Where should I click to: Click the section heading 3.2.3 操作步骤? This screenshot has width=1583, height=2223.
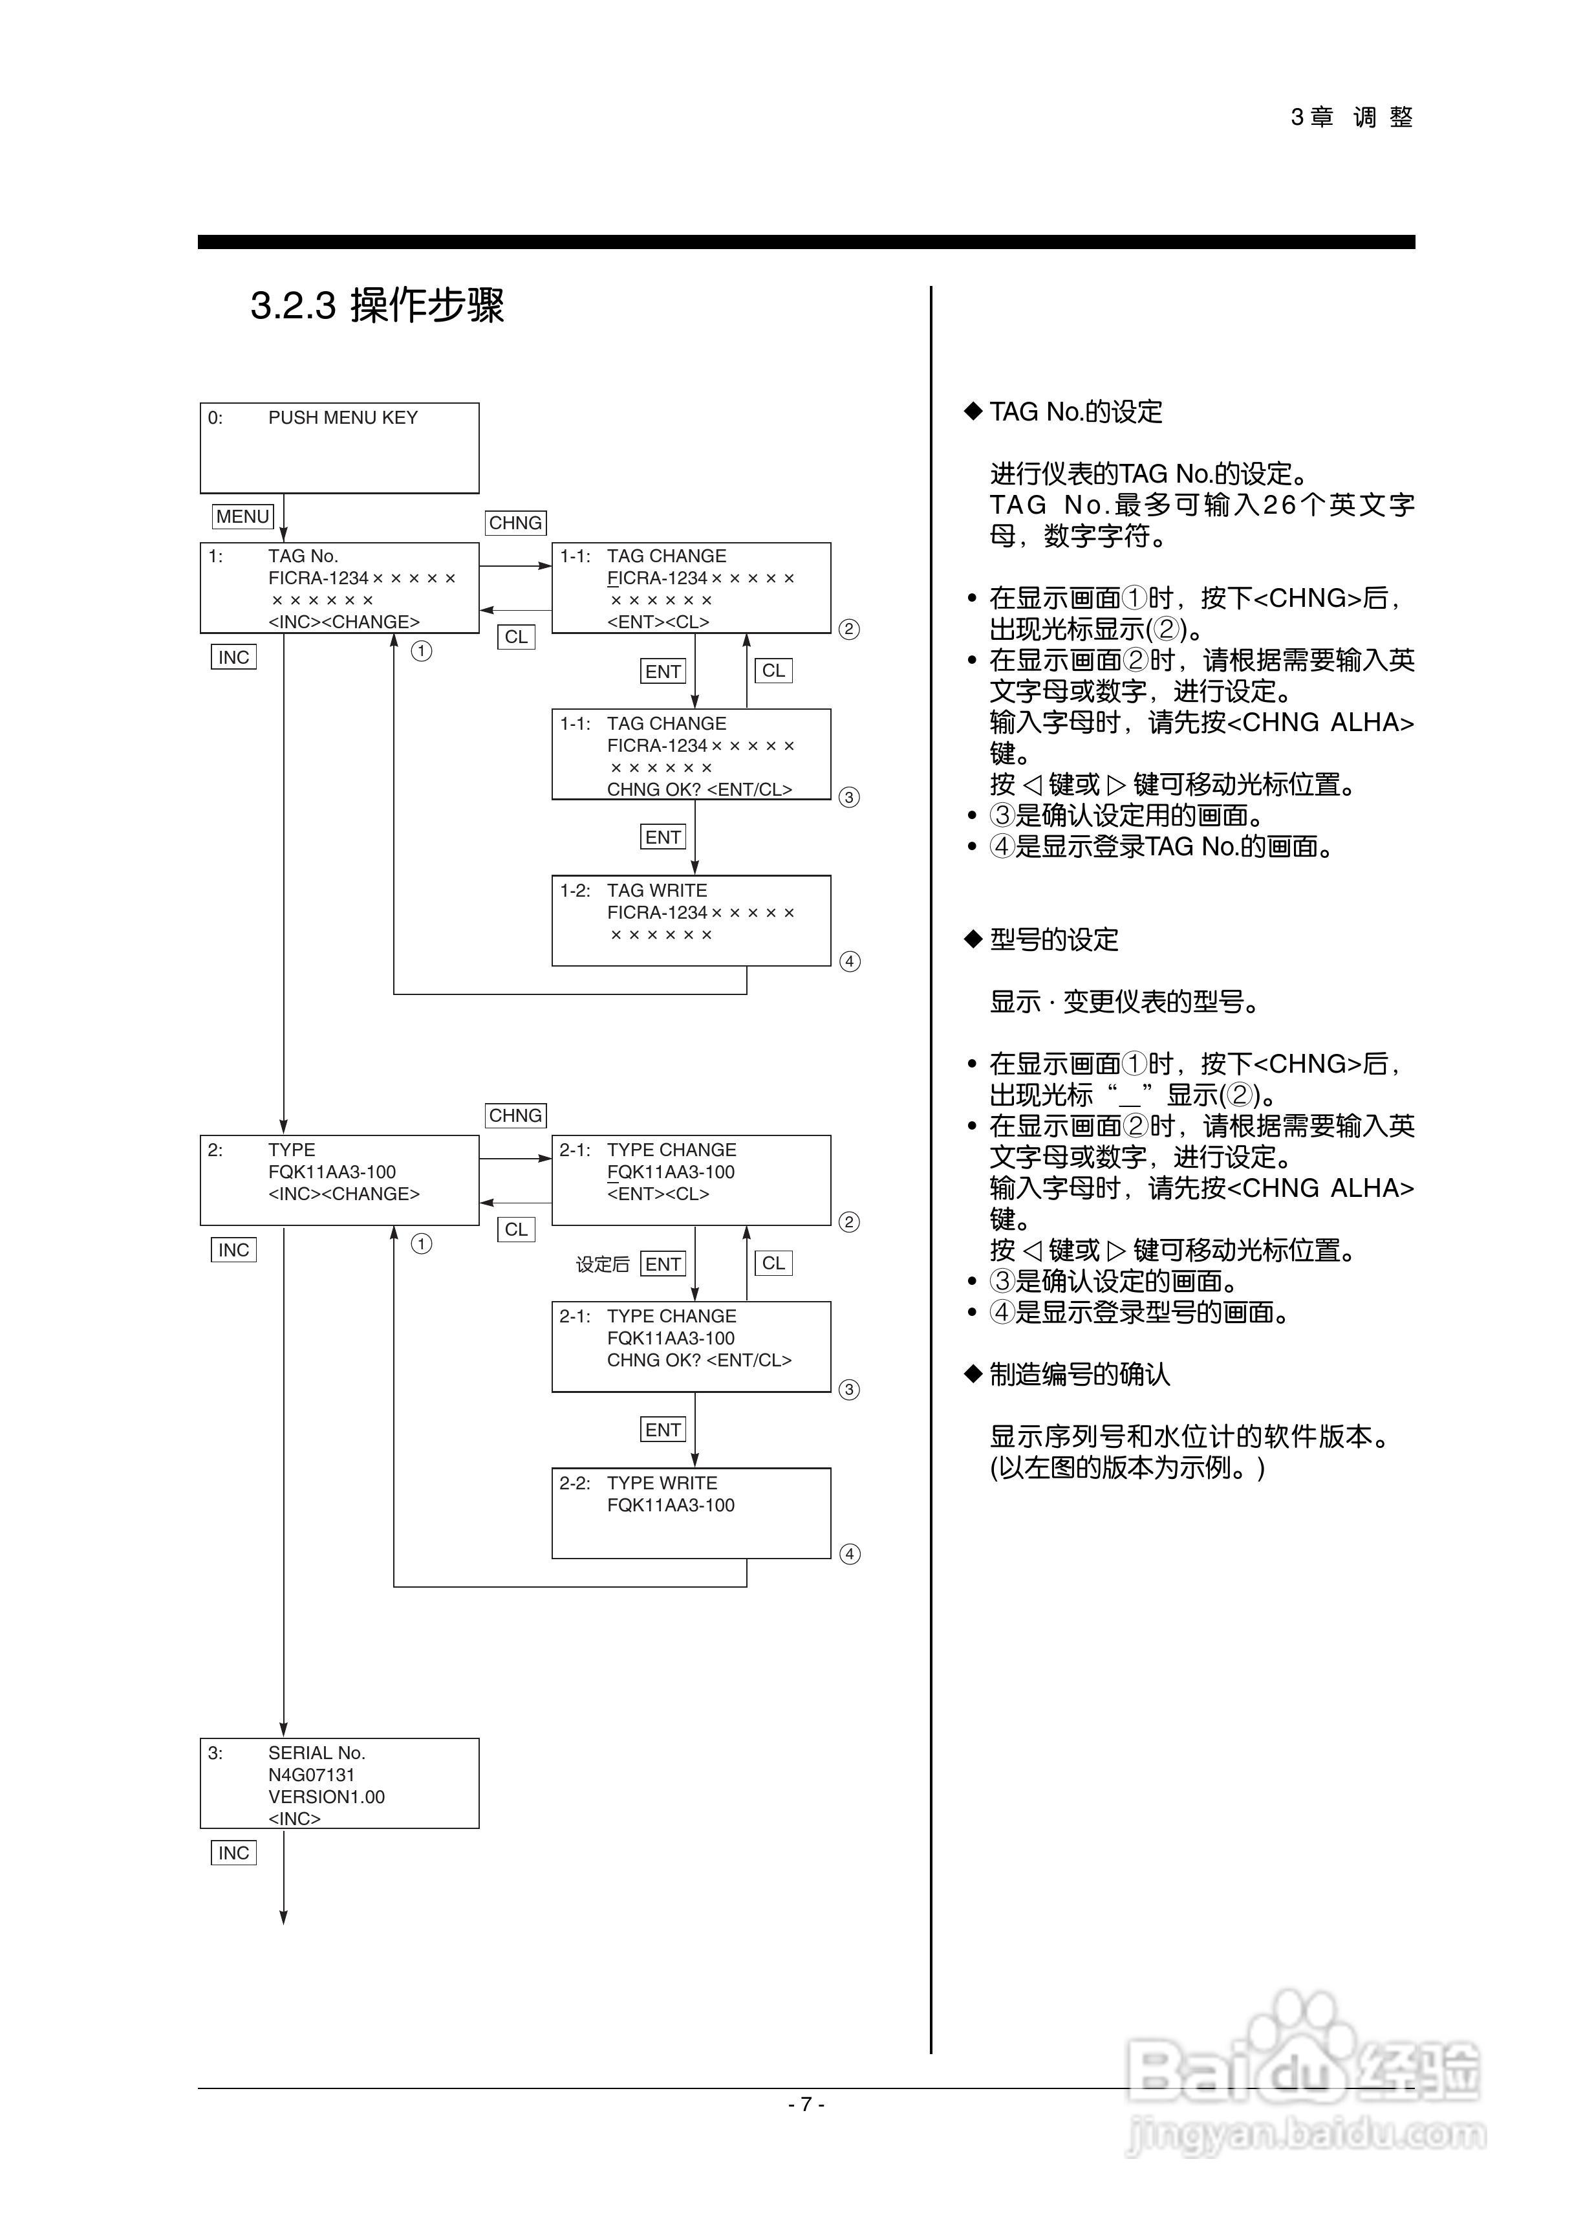[x=377, y=305]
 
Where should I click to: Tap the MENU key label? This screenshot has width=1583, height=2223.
[x=242, y=517]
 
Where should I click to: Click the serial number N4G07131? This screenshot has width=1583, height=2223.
[x=311, y=1775]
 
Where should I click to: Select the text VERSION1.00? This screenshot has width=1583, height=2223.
[x=327, y=1797]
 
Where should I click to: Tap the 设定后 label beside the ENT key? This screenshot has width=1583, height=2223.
[x=603, y=1265]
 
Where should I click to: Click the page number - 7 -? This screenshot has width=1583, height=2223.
[x=806, y=2104]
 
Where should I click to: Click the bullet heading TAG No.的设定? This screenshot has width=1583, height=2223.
[x=1075, y=411]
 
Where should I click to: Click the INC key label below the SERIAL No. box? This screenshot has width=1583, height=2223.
[x=234, y=1854]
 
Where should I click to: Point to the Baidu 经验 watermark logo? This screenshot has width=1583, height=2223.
[x=1303, y=2067]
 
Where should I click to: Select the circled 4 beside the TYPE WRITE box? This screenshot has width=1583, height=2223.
[x=850, y=1554]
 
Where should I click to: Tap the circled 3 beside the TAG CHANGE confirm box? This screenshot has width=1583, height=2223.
[x=850, y=798]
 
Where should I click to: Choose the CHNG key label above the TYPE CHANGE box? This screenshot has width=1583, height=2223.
[x=515, y=1115]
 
